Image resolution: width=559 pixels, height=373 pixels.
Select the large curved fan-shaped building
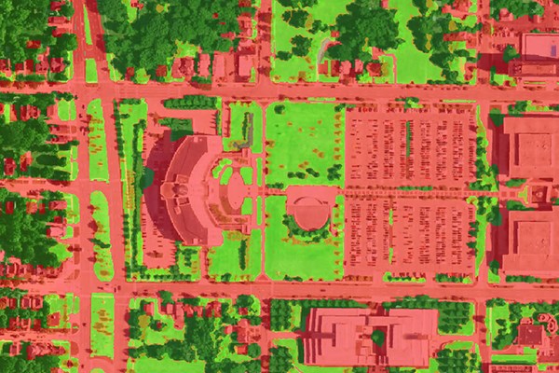pyautogui.click(x=191, y=186)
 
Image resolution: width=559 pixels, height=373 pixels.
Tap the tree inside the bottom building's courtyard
pyautogui.click(x=377, y=336)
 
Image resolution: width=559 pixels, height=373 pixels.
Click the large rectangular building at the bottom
pyautogui.click(x=368, y=336)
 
